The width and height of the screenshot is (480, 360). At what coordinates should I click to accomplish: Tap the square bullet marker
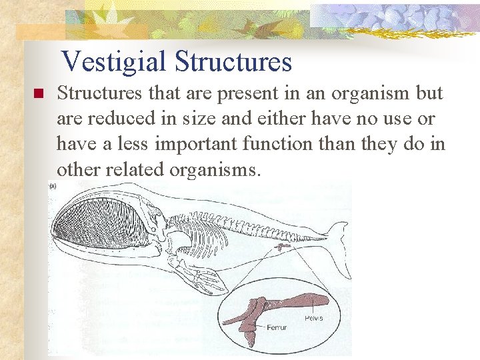point(38,94)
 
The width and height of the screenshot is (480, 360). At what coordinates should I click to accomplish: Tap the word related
point(133,169)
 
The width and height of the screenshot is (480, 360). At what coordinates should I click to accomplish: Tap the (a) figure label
point(52,187)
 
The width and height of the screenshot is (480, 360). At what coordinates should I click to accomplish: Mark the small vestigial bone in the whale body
point(283,247)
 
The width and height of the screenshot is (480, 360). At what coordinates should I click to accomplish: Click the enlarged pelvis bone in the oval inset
point(293,303)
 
